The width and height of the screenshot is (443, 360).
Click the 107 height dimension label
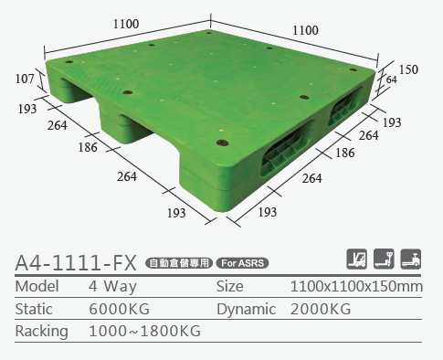(x=25, y=79)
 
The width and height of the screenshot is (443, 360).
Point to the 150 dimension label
(x=408, y=69)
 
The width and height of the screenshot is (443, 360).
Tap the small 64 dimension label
(x=392, y=79)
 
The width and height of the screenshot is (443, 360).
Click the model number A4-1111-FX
(x=76, y=263)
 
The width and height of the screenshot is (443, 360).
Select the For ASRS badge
(x=242, y=263)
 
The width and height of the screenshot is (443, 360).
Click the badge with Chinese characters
(x=179, y=263)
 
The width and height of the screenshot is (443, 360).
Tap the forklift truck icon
(x=357, y=259)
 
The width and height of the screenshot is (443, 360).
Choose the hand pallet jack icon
(x=384, y=259)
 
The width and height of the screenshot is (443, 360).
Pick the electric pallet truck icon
(x=411, y=259)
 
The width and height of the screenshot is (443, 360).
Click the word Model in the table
(x=37, y=286)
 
